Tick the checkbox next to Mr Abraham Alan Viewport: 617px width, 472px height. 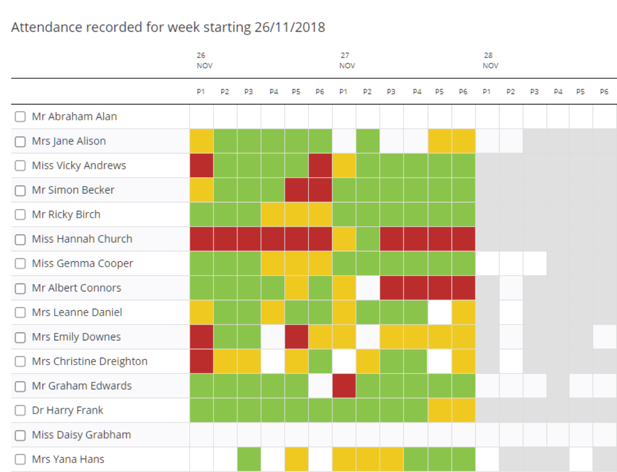tap(20, 117)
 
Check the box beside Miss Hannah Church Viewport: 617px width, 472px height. tap(20, 239)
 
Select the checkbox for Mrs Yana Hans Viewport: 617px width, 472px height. tap(20, 460)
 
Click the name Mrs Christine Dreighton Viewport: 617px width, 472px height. tap(90, 362)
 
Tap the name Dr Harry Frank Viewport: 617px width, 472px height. tap(67, 411)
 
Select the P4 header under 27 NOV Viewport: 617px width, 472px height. tap(417, 92)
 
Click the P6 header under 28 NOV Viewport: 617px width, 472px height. tap(604, 92)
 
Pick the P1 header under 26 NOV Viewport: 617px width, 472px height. tap(201, 92)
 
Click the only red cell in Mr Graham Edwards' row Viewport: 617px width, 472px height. tap(344, 386)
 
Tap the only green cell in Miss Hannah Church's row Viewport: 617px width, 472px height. tap(368, 239)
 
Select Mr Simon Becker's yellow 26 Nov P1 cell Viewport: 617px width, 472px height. tap(202, 190)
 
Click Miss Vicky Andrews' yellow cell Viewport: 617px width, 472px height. tap(344, 166)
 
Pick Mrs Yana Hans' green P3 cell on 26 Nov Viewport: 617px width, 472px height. tap(249, 460)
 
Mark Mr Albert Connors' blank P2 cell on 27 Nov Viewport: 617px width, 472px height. tap(368, 288)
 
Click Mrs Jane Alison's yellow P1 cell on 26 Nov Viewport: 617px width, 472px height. tap(202, 141)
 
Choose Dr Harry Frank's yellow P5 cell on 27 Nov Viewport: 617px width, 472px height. tap(440, 411)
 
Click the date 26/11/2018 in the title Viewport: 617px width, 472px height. tap(290, 27)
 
